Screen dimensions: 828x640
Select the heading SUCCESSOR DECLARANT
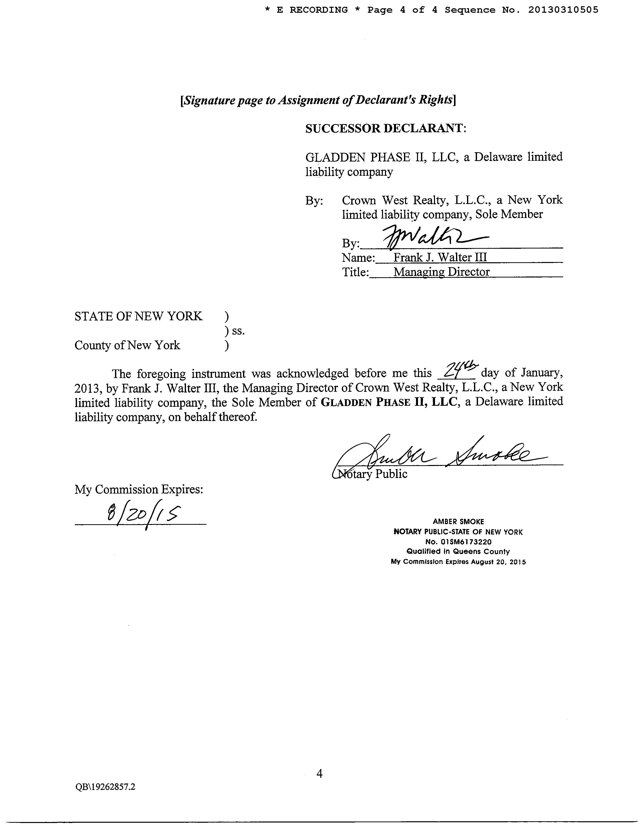click(385, 128)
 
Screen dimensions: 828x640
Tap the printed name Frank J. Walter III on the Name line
click(440, 257)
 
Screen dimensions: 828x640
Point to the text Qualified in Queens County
click(458, 551)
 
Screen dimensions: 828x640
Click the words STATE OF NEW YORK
click(138, 316)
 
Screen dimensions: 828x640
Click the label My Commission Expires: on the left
click(139, 489)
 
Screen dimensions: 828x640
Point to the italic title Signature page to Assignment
click(318, 100)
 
